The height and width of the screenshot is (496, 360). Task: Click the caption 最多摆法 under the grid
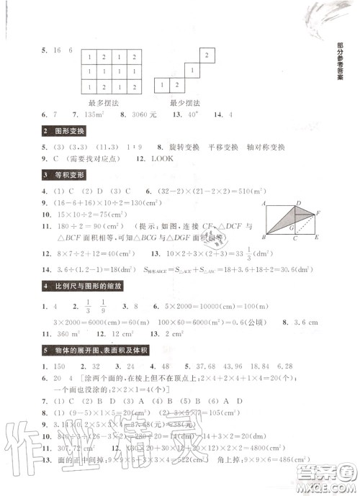[x=101, y=102]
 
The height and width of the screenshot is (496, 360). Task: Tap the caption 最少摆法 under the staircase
[x=184, y=102]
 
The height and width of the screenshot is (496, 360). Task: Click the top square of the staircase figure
[x=207, y=55]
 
